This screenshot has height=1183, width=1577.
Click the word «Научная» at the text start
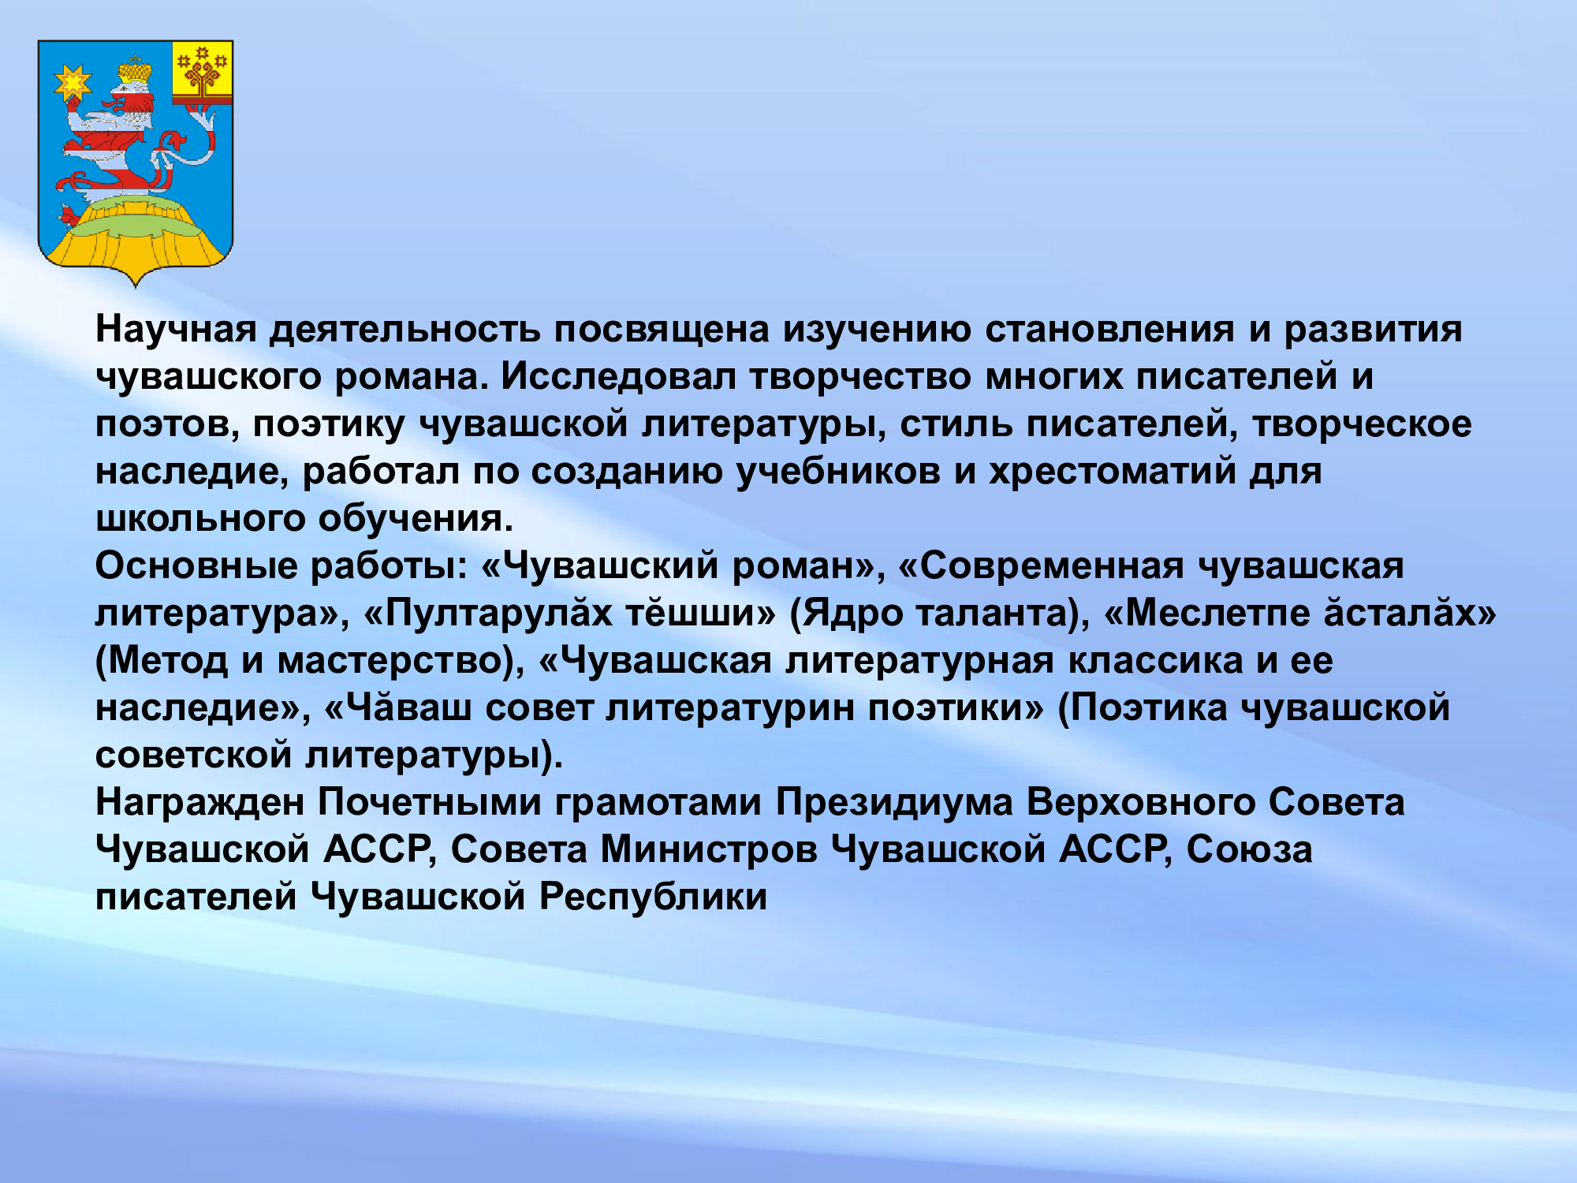[x=177, y=330]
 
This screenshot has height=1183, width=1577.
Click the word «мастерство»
[x=390, y=661]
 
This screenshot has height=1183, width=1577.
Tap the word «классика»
[x=1156, y=661]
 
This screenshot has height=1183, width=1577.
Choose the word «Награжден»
[x=200, y=803]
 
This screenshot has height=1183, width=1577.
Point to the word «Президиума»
[x=894, y=803]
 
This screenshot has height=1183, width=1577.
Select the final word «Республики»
[x=653, y=898]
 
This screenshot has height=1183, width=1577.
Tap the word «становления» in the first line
[x=1109, y=330]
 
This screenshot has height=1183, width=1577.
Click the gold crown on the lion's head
[x=135, y=72]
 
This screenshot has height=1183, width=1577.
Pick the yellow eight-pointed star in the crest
[x=73, y=82]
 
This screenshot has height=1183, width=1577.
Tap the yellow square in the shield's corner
[x=203, y=71]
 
